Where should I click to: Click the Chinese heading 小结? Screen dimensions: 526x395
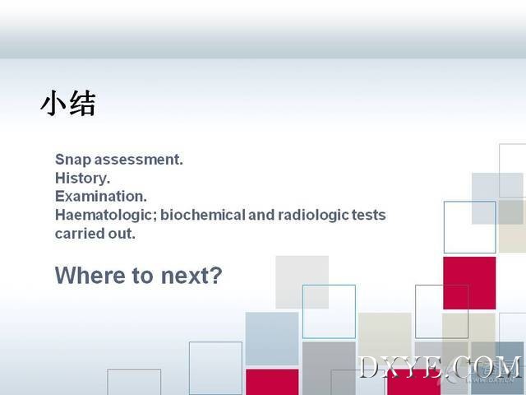68,103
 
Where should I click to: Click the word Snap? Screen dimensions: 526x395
73,160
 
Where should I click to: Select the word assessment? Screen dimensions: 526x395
139,160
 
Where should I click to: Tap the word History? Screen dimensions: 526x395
82,179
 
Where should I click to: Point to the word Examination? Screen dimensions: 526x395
100,197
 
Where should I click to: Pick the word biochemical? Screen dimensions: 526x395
203,215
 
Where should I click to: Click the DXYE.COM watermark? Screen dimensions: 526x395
441,367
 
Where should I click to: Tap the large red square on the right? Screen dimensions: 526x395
469,283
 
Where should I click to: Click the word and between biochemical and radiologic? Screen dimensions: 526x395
261,215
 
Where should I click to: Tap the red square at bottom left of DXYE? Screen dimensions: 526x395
272,382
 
